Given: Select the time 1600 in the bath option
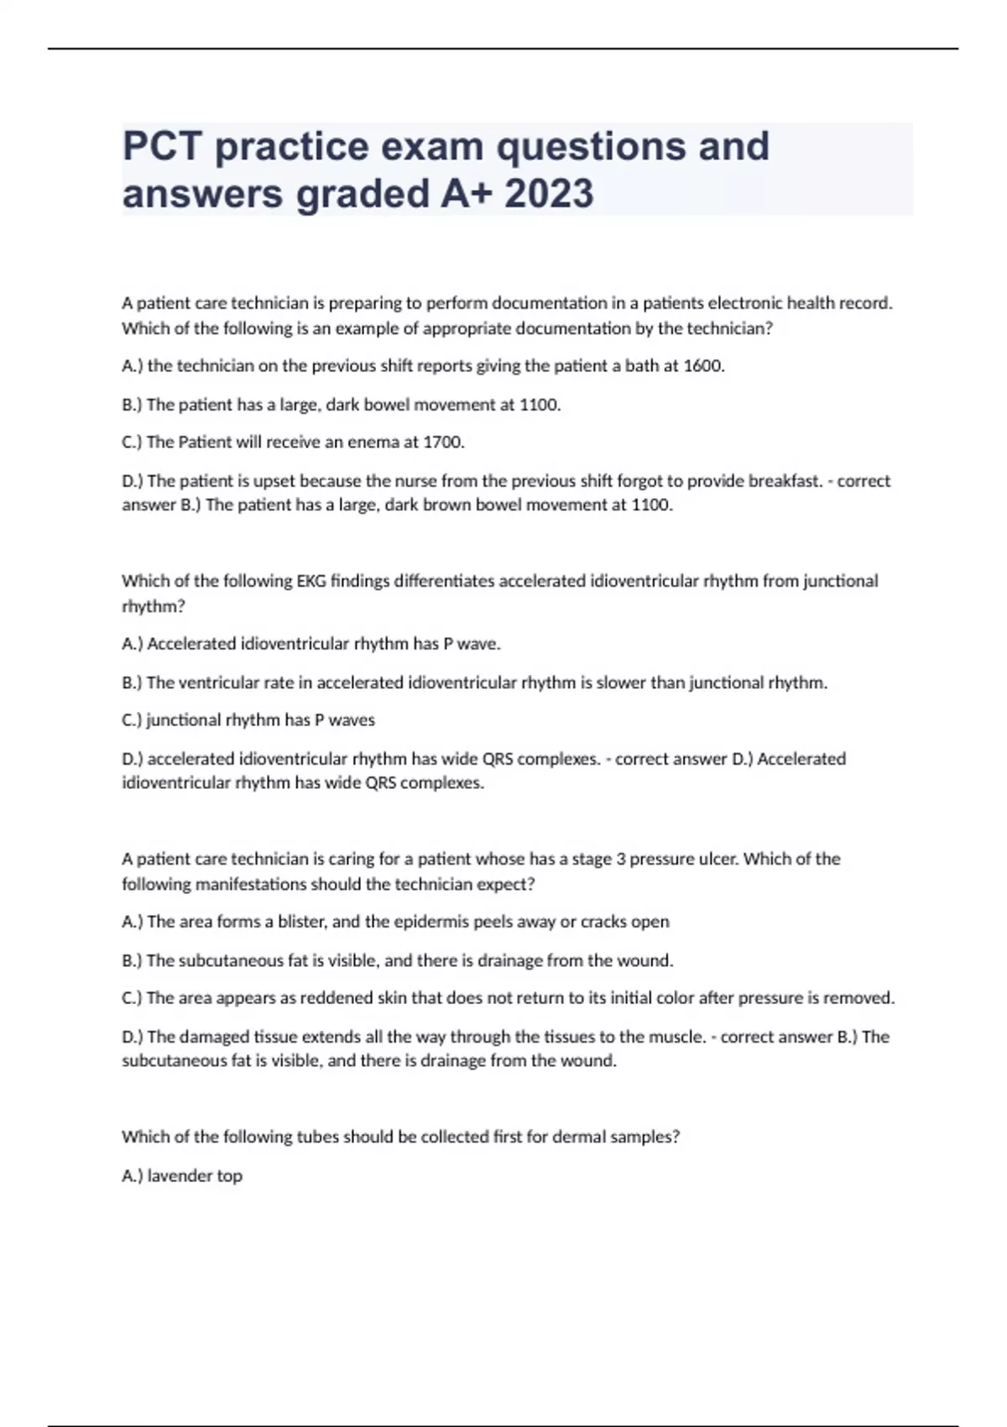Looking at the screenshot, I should (x=702, y=366).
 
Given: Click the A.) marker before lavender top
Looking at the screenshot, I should (x=133, y=1176).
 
